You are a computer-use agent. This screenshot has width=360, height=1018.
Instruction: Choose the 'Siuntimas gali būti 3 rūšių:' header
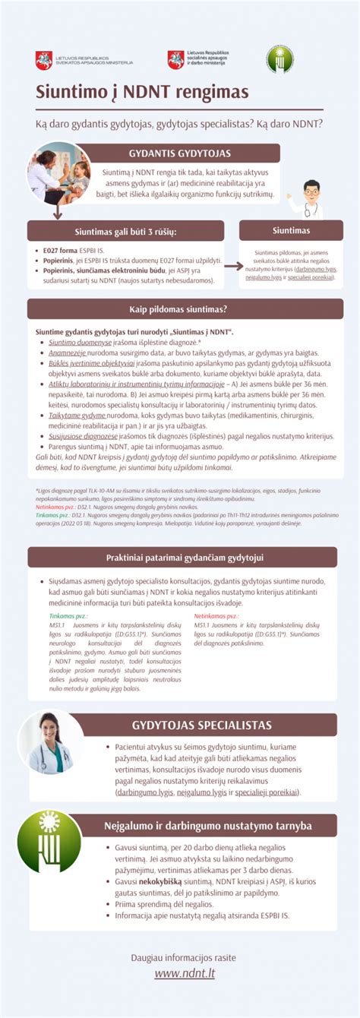coord(125,231)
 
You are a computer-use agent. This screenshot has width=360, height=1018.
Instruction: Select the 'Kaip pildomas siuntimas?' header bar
coord(179,308)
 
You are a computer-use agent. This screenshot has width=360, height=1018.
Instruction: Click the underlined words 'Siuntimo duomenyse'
coord(74,343)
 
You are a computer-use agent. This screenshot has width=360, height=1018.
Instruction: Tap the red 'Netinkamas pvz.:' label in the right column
coord(216,615)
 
